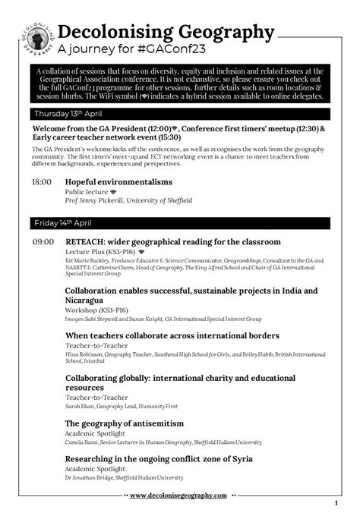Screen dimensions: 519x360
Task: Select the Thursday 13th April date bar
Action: pos(180,114)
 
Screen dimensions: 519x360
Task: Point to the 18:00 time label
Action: pos(42,183)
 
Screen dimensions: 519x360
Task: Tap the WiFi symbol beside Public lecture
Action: pos(113,192)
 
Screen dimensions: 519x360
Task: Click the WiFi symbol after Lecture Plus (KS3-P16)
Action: pos(141,250)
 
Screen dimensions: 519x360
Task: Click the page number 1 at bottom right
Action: pos(335,504)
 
